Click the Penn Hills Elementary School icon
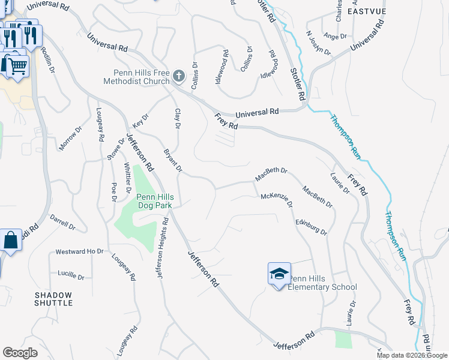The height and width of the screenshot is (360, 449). point(279,274)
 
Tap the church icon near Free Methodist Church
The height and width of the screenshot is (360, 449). point(178,76)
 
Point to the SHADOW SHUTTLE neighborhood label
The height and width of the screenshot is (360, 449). point(53,299)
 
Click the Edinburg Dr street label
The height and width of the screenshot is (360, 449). point(311,227)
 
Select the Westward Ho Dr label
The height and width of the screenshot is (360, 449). point(79,251)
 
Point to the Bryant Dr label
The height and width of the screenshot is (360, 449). point(173,160)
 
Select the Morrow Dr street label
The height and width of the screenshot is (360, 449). point(70,139)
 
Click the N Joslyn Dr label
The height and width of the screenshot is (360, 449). point(318,43)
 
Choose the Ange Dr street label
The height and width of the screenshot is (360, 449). point(336,37)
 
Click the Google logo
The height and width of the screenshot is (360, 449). point(20,353)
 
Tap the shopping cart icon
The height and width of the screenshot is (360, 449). point(17,65)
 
